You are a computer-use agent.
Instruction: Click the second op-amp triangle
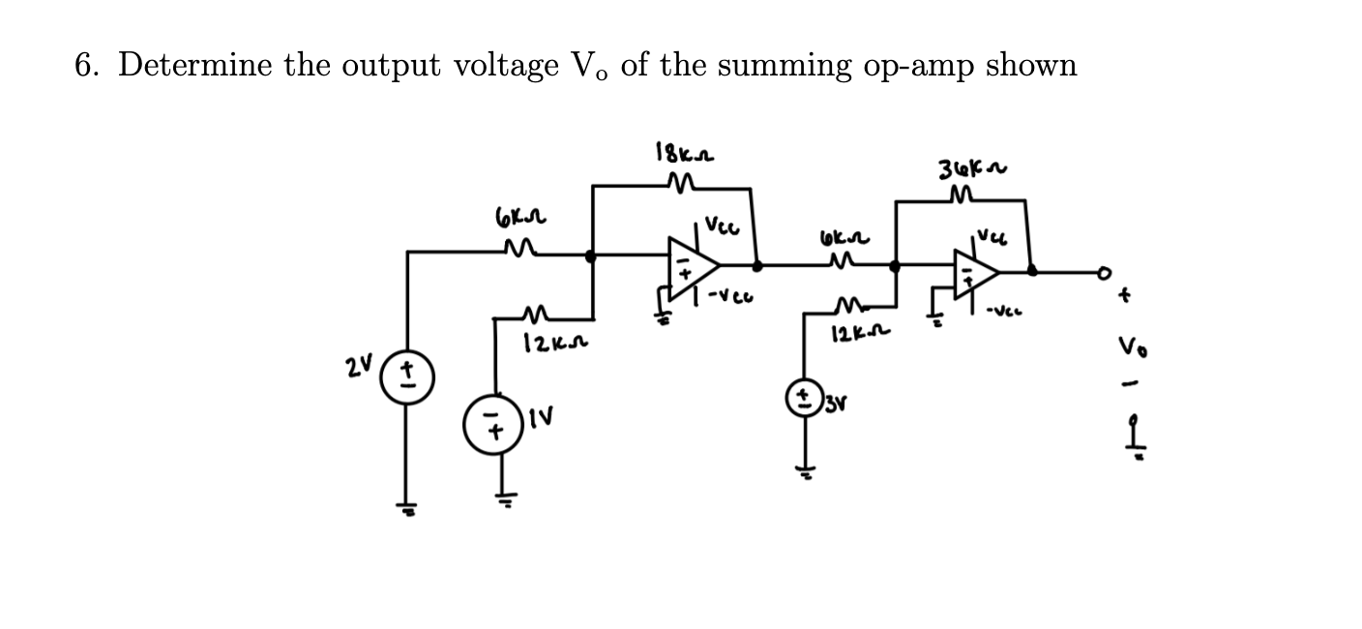973,275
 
